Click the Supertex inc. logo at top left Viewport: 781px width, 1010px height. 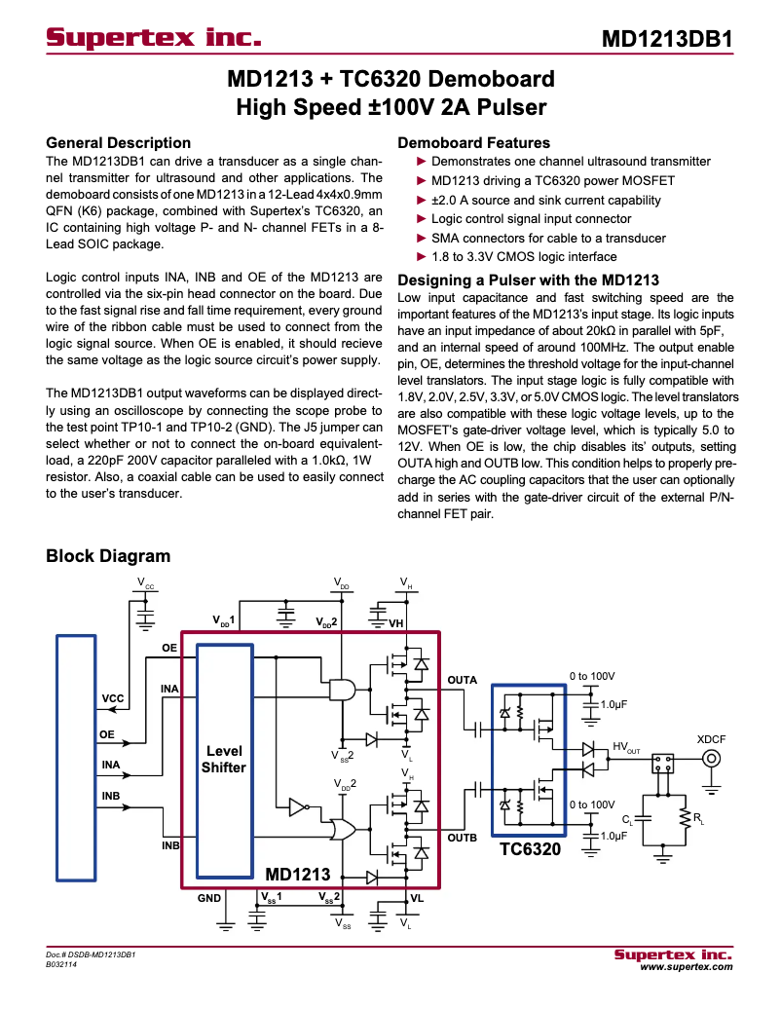[x=154, y=39]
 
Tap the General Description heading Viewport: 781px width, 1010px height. [x=118, y=143]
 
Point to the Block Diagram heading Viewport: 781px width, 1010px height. [x=108, y=556]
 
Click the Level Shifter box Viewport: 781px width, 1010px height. [x=224, y=760]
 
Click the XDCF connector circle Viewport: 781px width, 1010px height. [x=712, y=760]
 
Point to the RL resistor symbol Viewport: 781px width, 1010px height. [x=686, y=818]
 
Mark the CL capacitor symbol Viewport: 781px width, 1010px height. [x=644, y=820]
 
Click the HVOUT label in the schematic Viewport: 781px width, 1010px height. [x=626, y=747]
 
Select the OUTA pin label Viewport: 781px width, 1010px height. [x=462, y=679]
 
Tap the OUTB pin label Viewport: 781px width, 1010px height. [x=462, y=837]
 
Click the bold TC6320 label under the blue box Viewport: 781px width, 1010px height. [x=530, y=850]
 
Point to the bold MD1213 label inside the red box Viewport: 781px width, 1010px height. [x=298, y=875]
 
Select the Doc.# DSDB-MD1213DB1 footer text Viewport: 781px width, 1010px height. [x=90, y=955]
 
